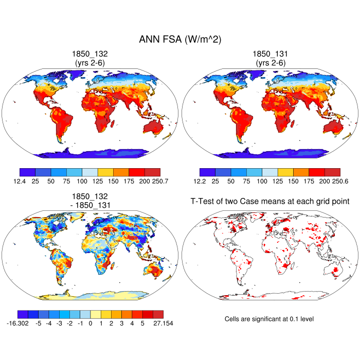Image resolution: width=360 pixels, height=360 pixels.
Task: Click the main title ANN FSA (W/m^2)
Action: pyautogui.click(x=180, y=40)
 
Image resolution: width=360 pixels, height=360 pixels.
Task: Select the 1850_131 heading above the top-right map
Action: pyautogui.click(x=270, y=54)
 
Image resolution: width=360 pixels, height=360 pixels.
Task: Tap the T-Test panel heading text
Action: pyautogui.click(x=270, y=202)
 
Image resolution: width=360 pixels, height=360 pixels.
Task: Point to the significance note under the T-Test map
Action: pyautogui.click(x=269, y=319)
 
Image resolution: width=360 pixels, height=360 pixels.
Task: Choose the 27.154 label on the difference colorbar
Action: pyautogui.click(x=152, y=323)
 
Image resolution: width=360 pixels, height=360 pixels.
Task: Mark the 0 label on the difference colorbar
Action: pyautogui.click(x=91, y=323)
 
